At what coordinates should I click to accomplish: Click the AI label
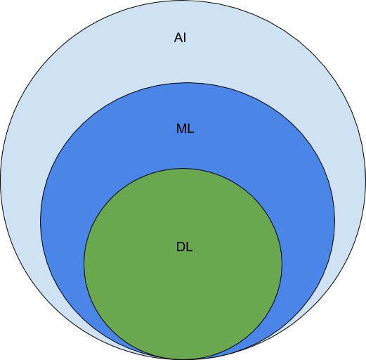pyautogui.click(x=180, y=37)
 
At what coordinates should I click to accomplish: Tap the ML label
pyautogui.click(x=185, y=129)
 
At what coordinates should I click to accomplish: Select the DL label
pyautogui.click(x=184, y=247)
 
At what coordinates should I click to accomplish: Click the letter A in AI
pyautogui.click(x=178, y=37)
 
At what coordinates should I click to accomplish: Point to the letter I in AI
pyautogui.click(x=185, y=37)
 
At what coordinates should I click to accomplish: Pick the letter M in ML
pyautogui.click(x=181, y=129)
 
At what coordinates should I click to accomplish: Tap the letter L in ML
pyautogui.click(x=191, y=129)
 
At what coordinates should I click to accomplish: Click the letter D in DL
pyautogui.click(x=181, y=247)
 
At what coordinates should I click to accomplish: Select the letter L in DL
pyautogui.click(x=190, y=247)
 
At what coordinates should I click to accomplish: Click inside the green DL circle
pyautogui.click(x=183, y=293)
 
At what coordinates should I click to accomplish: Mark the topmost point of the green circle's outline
pyautogui.click(x=183, y=168)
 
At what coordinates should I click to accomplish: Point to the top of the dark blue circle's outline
pyautogui.click(x=188, y=82)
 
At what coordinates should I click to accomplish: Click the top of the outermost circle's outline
pyautogui.click(x=183, y=1)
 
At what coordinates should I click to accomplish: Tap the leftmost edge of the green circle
pyautogui.click(x=84, y=264)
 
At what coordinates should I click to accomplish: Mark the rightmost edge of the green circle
pyautogui.click(x=282, y=264)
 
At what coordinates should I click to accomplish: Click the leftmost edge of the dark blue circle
pyautogui.click(x=40, y=221)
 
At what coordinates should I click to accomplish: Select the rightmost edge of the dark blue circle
pyautogui.click(x=334, y=221)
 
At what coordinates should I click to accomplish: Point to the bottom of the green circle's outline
pyautogui.click(x=183, y=359)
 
